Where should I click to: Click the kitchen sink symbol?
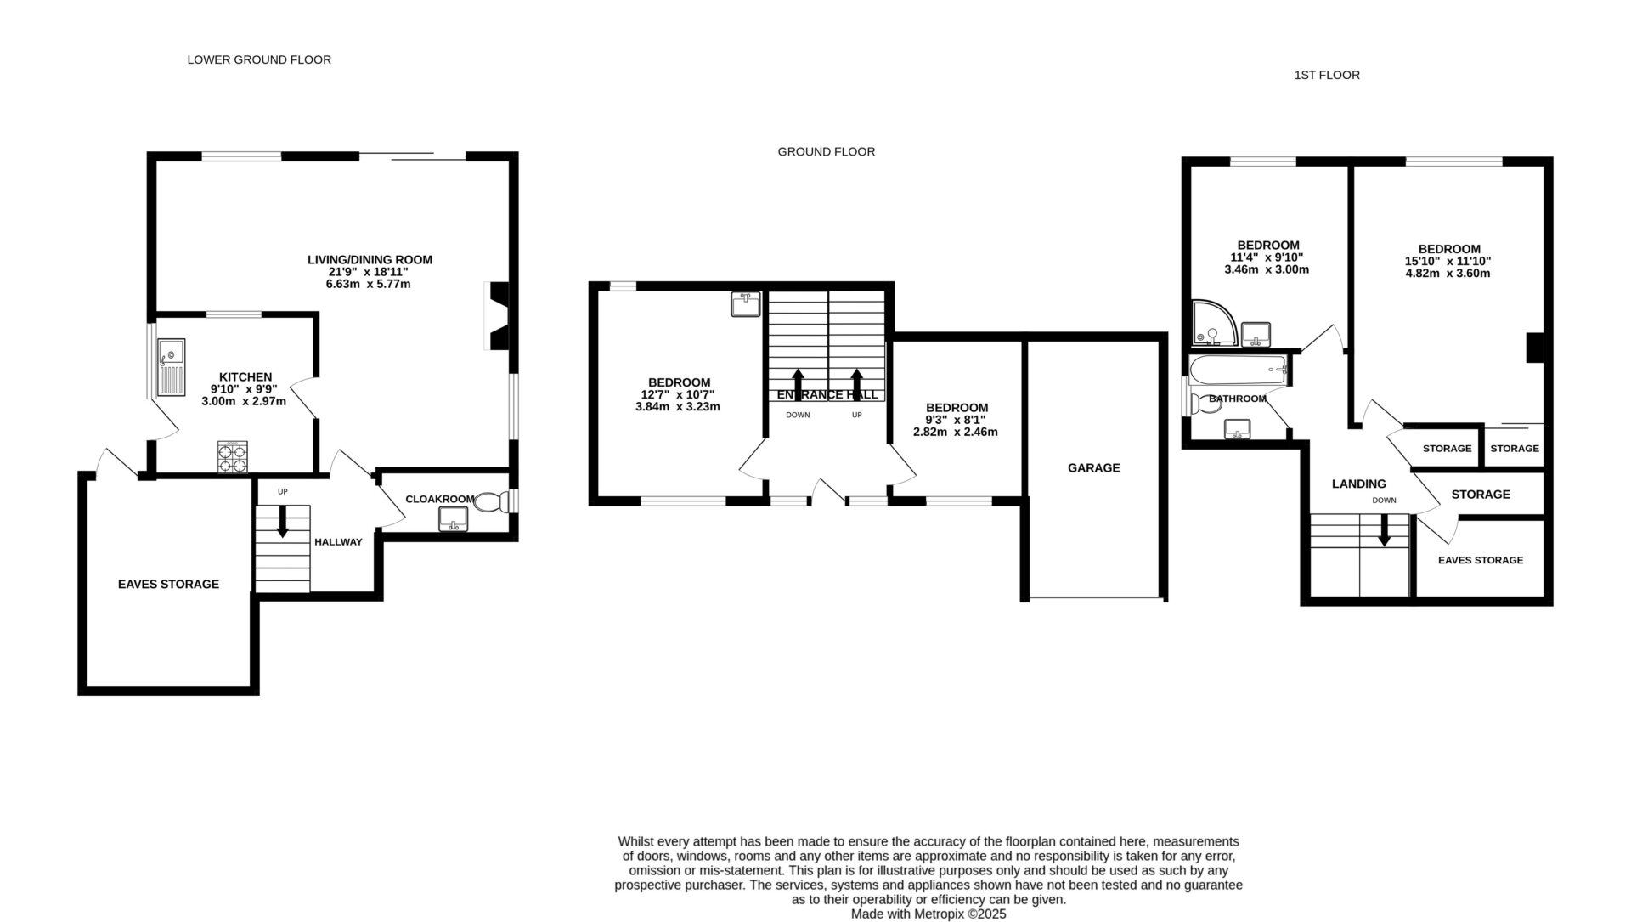click(x=171, y=366)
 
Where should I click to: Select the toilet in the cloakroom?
click(x=490, y=502)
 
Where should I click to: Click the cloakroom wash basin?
click(x=454, y=518)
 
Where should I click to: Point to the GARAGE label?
click(x=1093, y=467)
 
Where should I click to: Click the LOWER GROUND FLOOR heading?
click(x=259, y=59)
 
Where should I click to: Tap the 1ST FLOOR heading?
click(x=1326, y=75)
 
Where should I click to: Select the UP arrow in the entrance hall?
click(x=857, y=380)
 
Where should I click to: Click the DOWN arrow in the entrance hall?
click(x=798, y=380)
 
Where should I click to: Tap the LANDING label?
click(x=1358, y=484)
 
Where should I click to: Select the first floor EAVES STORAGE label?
click(x=1480, y=560)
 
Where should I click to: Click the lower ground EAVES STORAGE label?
click(x=168, y=584)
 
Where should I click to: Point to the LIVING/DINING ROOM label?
click(x=370, y=260)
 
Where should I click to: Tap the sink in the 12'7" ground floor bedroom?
click(x=746, y=303)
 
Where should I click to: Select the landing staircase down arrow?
click(x=1383, y=532)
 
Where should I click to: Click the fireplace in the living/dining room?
click(x=498, y=315)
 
